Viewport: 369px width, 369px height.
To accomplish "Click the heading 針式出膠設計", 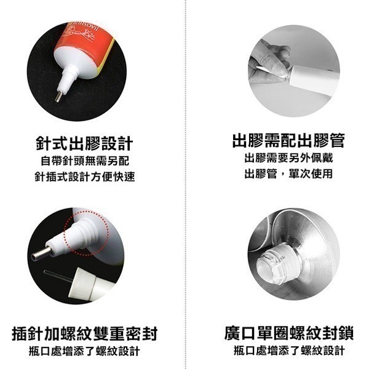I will click(84, 144).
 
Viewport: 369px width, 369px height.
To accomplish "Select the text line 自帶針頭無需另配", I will click(84, 161).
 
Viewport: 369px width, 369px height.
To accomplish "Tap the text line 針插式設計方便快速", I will click(84, 177).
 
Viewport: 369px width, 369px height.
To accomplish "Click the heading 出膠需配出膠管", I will click(288, 140).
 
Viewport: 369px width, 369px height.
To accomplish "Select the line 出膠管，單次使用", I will click(288, 174).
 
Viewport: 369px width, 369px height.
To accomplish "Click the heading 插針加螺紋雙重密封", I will click(85, 334).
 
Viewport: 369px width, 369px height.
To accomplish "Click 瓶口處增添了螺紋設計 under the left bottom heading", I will click(84, 351).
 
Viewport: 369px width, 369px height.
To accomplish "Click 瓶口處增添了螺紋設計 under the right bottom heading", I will click(288, 351).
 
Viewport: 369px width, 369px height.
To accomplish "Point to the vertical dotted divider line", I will click(185, 184).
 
